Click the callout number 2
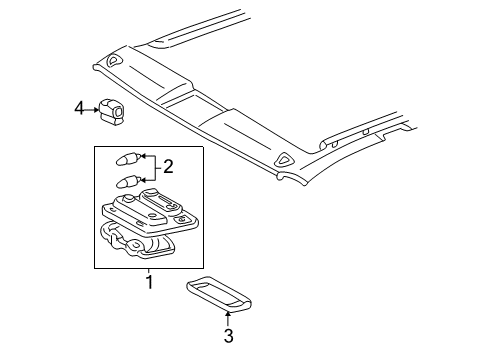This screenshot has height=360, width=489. pos(170,167)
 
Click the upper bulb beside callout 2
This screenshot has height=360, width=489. pos(127,158)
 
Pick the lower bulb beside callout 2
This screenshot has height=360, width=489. pos(127,180)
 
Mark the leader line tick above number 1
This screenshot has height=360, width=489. pos(148,270)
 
